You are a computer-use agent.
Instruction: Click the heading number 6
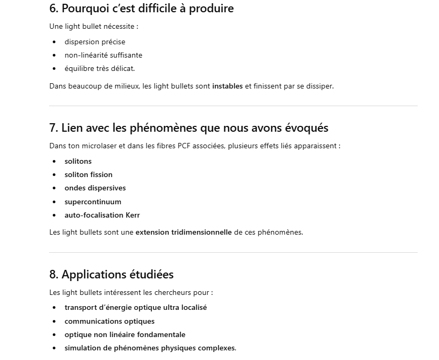[53, 9]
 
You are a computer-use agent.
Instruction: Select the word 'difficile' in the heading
[160, 9]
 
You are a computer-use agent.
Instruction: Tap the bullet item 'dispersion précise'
[95, 42]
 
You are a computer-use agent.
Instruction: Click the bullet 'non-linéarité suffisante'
[103, 55]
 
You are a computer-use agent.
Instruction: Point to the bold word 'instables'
[227, 86]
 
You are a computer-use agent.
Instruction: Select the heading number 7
[53, 128]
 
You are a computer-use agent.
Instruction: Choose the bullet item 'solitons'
[78, 161]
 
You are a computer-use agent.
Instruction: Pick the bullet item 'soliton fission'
[88, 174]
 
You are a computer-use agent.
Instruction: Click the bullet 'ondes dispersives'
[95, 188]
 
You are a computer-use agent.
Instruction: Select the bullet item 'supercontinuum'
[93, 202]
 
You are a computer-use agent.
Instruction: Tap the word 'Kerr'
[133, 215]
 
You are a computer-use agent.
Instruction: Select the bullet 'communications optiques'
[110, 321]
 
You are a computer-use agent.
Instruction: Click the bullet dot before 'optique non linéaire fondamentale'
[54, 334]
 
